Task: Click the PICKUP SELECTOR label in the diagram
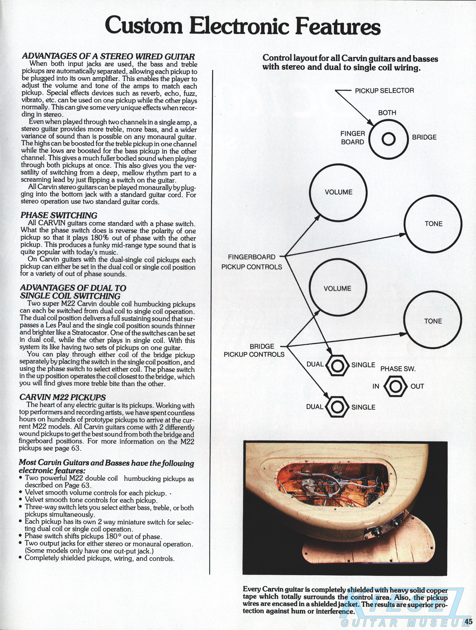(384, 91)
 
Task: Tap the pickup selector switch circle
(389, 139)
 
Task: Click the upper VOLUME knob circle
(338, 192)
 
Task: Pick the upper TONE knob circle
(433, 224)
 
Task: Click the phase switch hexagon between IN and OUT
(396, 386)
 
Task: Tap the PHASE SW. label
(398, 369)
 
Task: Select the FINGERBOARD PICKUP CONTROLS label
(252, 262)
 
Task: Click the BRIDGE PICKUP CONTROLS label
(254, 350)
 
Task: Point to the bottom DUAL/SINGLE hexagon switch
(337, 407)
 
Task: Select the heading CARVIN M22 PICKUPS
(62, 397)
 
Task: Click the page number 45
(468, 621)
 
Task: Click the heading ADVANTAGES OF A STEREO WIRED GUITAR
(108, 56)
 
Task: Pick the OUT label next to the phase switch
(417, 386)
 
